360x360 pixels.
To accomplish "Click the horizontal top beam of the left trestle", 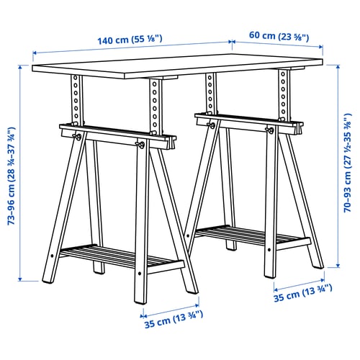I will tap(115, 136).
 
